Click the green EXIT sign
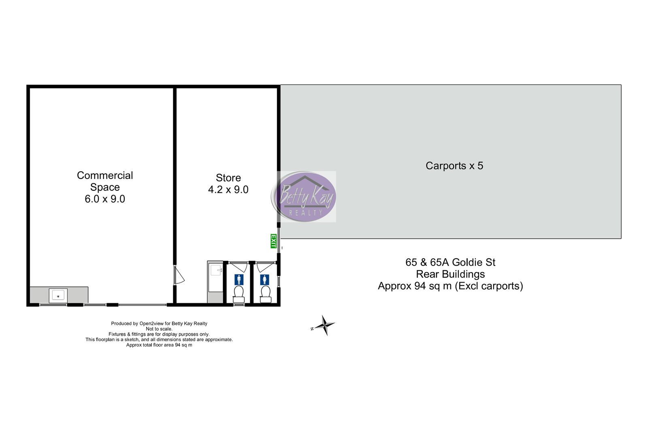[273, 241]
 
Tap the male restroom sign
[239, 280]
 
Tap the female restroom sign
[264, 280]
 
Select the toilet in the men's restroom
[239, 294]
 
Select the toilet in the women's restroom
[266, 294]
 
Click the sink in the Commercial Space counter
[58, 296]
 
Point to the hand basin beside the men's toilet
[216, 270]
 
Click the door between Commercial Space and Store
[179, 275]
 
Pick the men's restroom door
[239, 266]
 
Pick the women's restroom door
[265, 266]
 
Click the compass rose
[324, 325]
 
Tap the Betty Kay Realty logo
[304, 197]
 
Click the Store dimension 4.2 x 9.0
[228, 190]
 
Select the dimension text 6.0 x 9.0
[105, 199]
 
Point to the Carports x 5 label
[454, 166]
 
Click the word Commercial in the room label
[105, 175]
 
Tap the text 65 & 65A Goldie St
[450, 262]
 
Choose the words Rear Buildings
[450, 274]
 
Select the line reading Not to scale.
[159, 329]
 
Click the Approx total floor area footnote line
[159, 345]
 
